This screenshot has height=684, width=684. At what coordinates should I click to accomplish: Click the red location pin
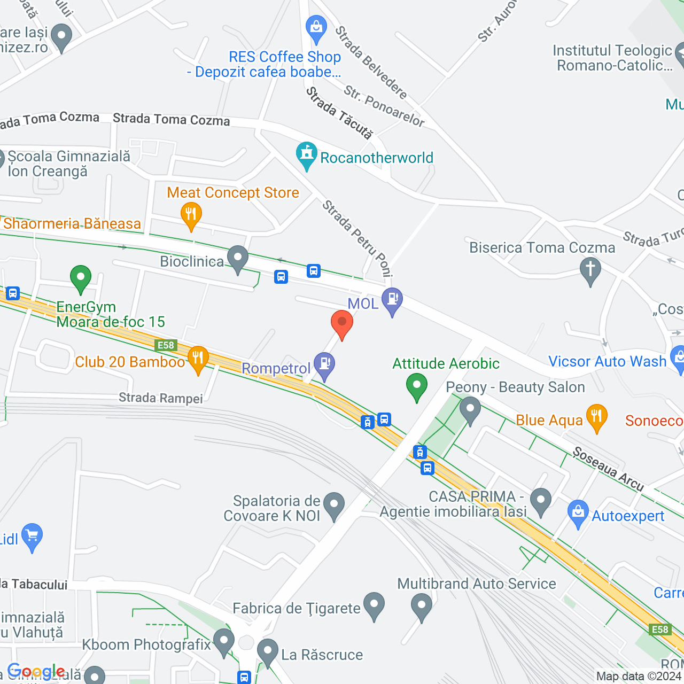coord(342,323)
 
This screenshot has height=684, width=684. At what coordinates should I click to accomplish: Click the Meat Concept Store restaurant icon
coord(191,214)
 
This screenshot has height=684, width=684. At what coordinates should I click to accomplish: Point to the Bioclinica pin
coord(238,259)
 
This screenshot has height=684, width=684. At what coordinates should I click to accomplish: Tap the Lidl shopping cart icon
coord(32,535)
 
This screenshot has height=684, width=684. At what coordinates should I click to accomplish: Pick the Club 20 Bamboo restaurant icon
coord(198,359)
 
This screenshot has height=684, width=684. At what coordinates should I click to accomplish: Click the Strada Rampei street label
coord(161,398)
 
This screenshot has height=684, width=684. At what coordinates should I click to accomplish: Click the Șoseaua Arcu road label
coord(608,469)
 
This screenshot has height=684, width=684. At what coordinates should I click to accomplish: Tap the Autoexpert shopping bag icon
coord(578,512)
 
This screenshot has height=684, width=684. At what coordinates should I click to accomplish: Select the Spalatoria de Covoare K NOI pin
coord(334,504)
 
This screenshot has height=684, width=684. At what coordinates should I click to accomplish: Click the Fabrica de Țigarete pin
coord(374,605)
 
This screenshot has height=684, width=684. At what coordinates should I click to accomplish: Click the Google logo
coord(36,671)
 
